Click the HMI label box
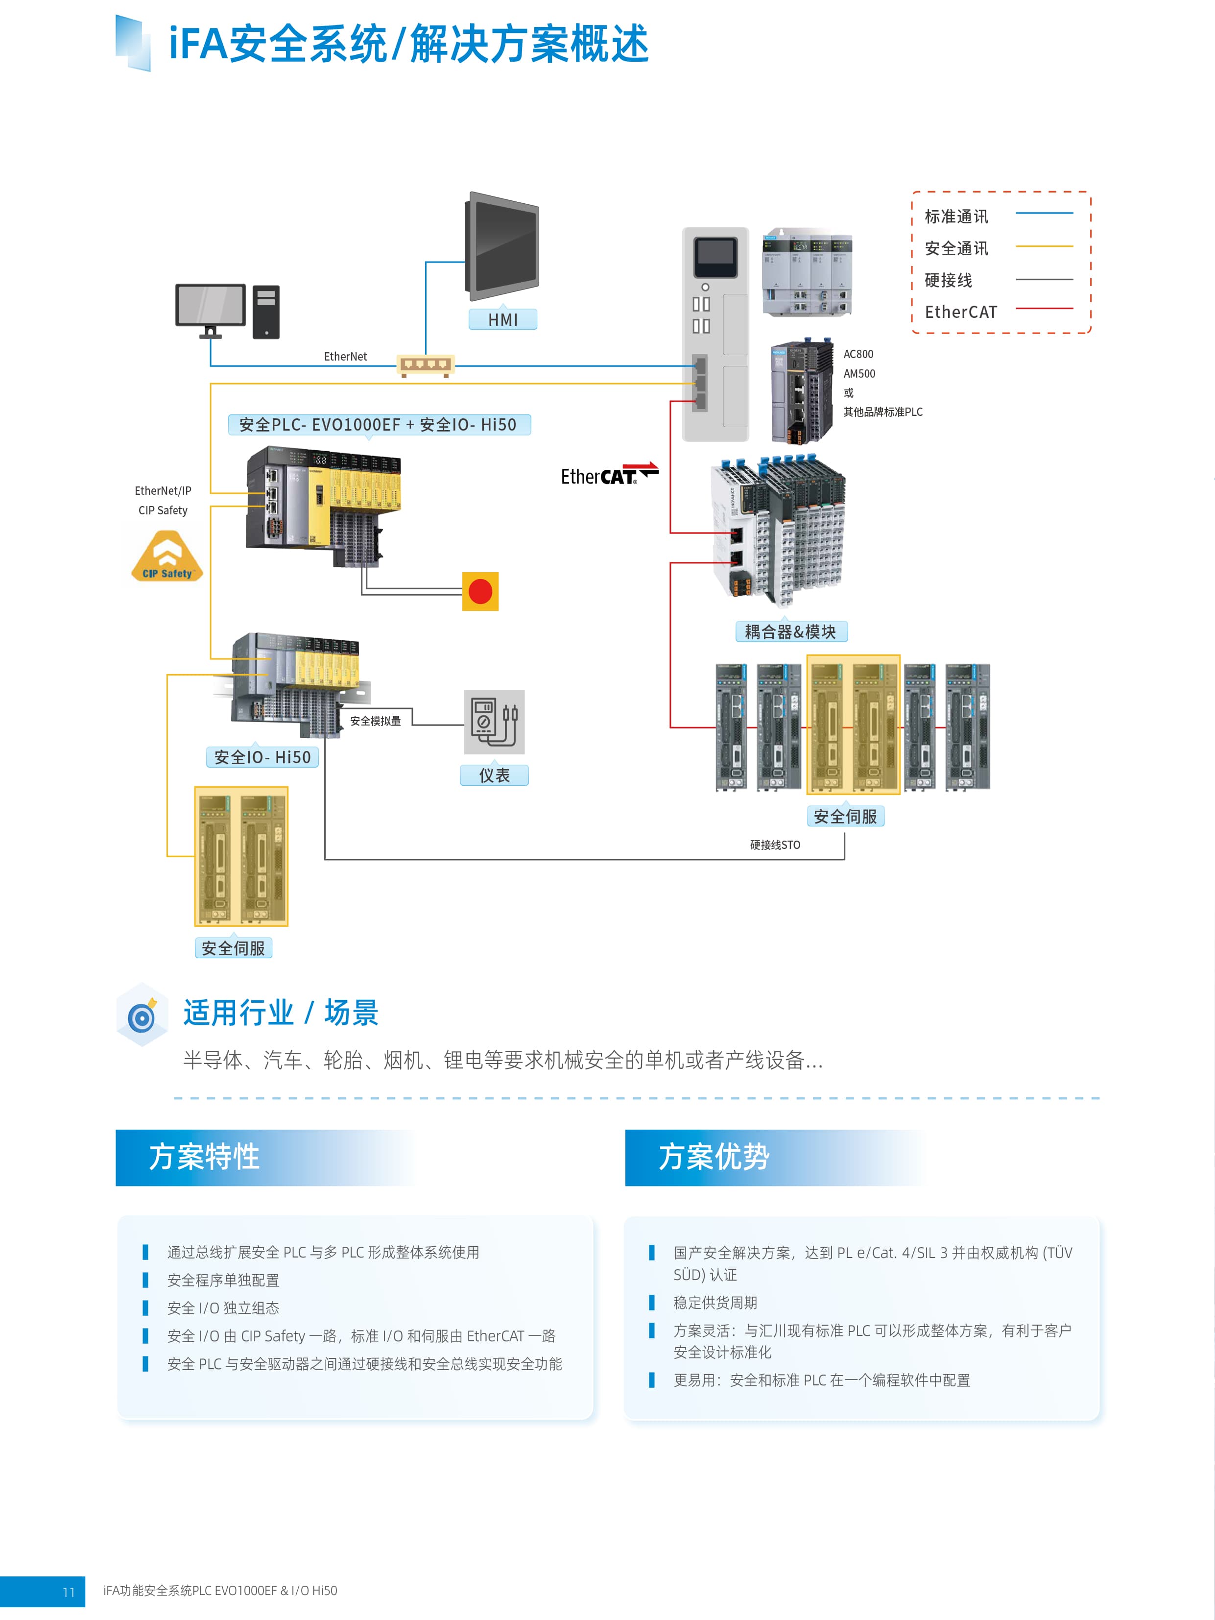point(503,319)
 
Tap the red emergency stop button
point(480,591)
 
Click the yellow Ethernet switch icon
point(425,365)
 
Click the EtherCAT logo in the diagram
point(609,475)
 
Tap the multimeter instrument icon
point(494,722)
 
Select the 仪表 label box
point(494,775)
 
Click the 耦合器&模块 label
point(790,631)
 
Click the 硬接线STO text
point(775,845)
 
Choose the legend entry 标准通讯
point(956,217)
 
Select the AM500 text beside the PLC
point(859,373)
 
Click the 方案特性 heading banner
point(263,1157)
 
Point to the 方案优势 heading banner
point(773,1157)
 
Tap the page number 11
point(69,1592)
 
